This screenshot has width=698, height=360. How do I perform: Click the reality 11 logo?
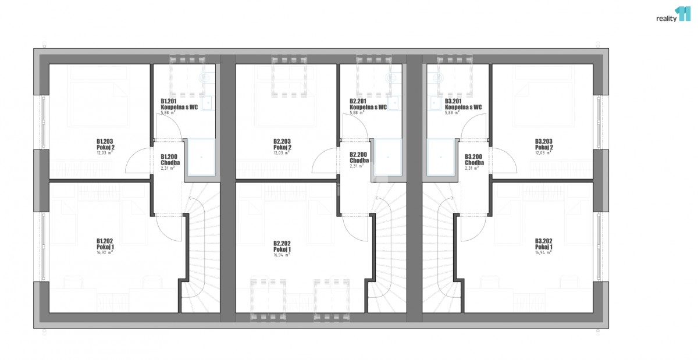click(674, 15)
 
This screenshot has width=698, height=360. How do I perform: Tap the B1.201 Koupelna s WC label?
click(179, 104)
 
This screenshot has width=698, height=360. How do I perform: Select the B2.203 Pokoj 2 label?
click(282, 144)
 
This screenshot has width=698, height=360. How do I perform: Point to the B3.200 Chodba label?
click(474, 159)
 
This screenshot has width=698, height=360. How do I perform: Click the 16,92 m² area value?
click(105, 252)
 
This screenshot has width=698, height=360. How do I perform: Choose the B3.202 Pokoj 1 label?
click(544, 244)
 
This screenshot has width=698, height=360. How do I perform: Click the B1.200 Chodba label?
click(170, 159)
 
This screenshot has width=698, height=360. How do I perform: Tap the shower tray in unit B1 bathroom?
click(201, 158)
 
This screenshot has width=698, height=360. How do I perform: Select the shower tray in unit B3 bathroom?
click(441, 158)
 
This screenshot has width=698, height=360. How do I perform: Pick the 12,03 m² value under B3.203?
click(544, 153)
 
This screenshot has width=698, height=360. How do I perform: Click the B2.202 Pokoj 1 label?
click(282, 247)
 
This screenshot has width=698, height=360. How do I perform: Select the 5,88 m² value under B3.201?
click(453, 112)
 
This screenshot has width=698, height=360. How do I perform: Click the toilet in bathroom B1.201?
click(206, 77)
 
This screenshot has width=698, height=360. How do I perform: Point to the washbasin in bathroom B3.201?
click(435, 102)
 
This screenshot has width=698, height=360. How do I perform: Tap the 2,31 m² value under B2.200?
click(357, 166)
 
